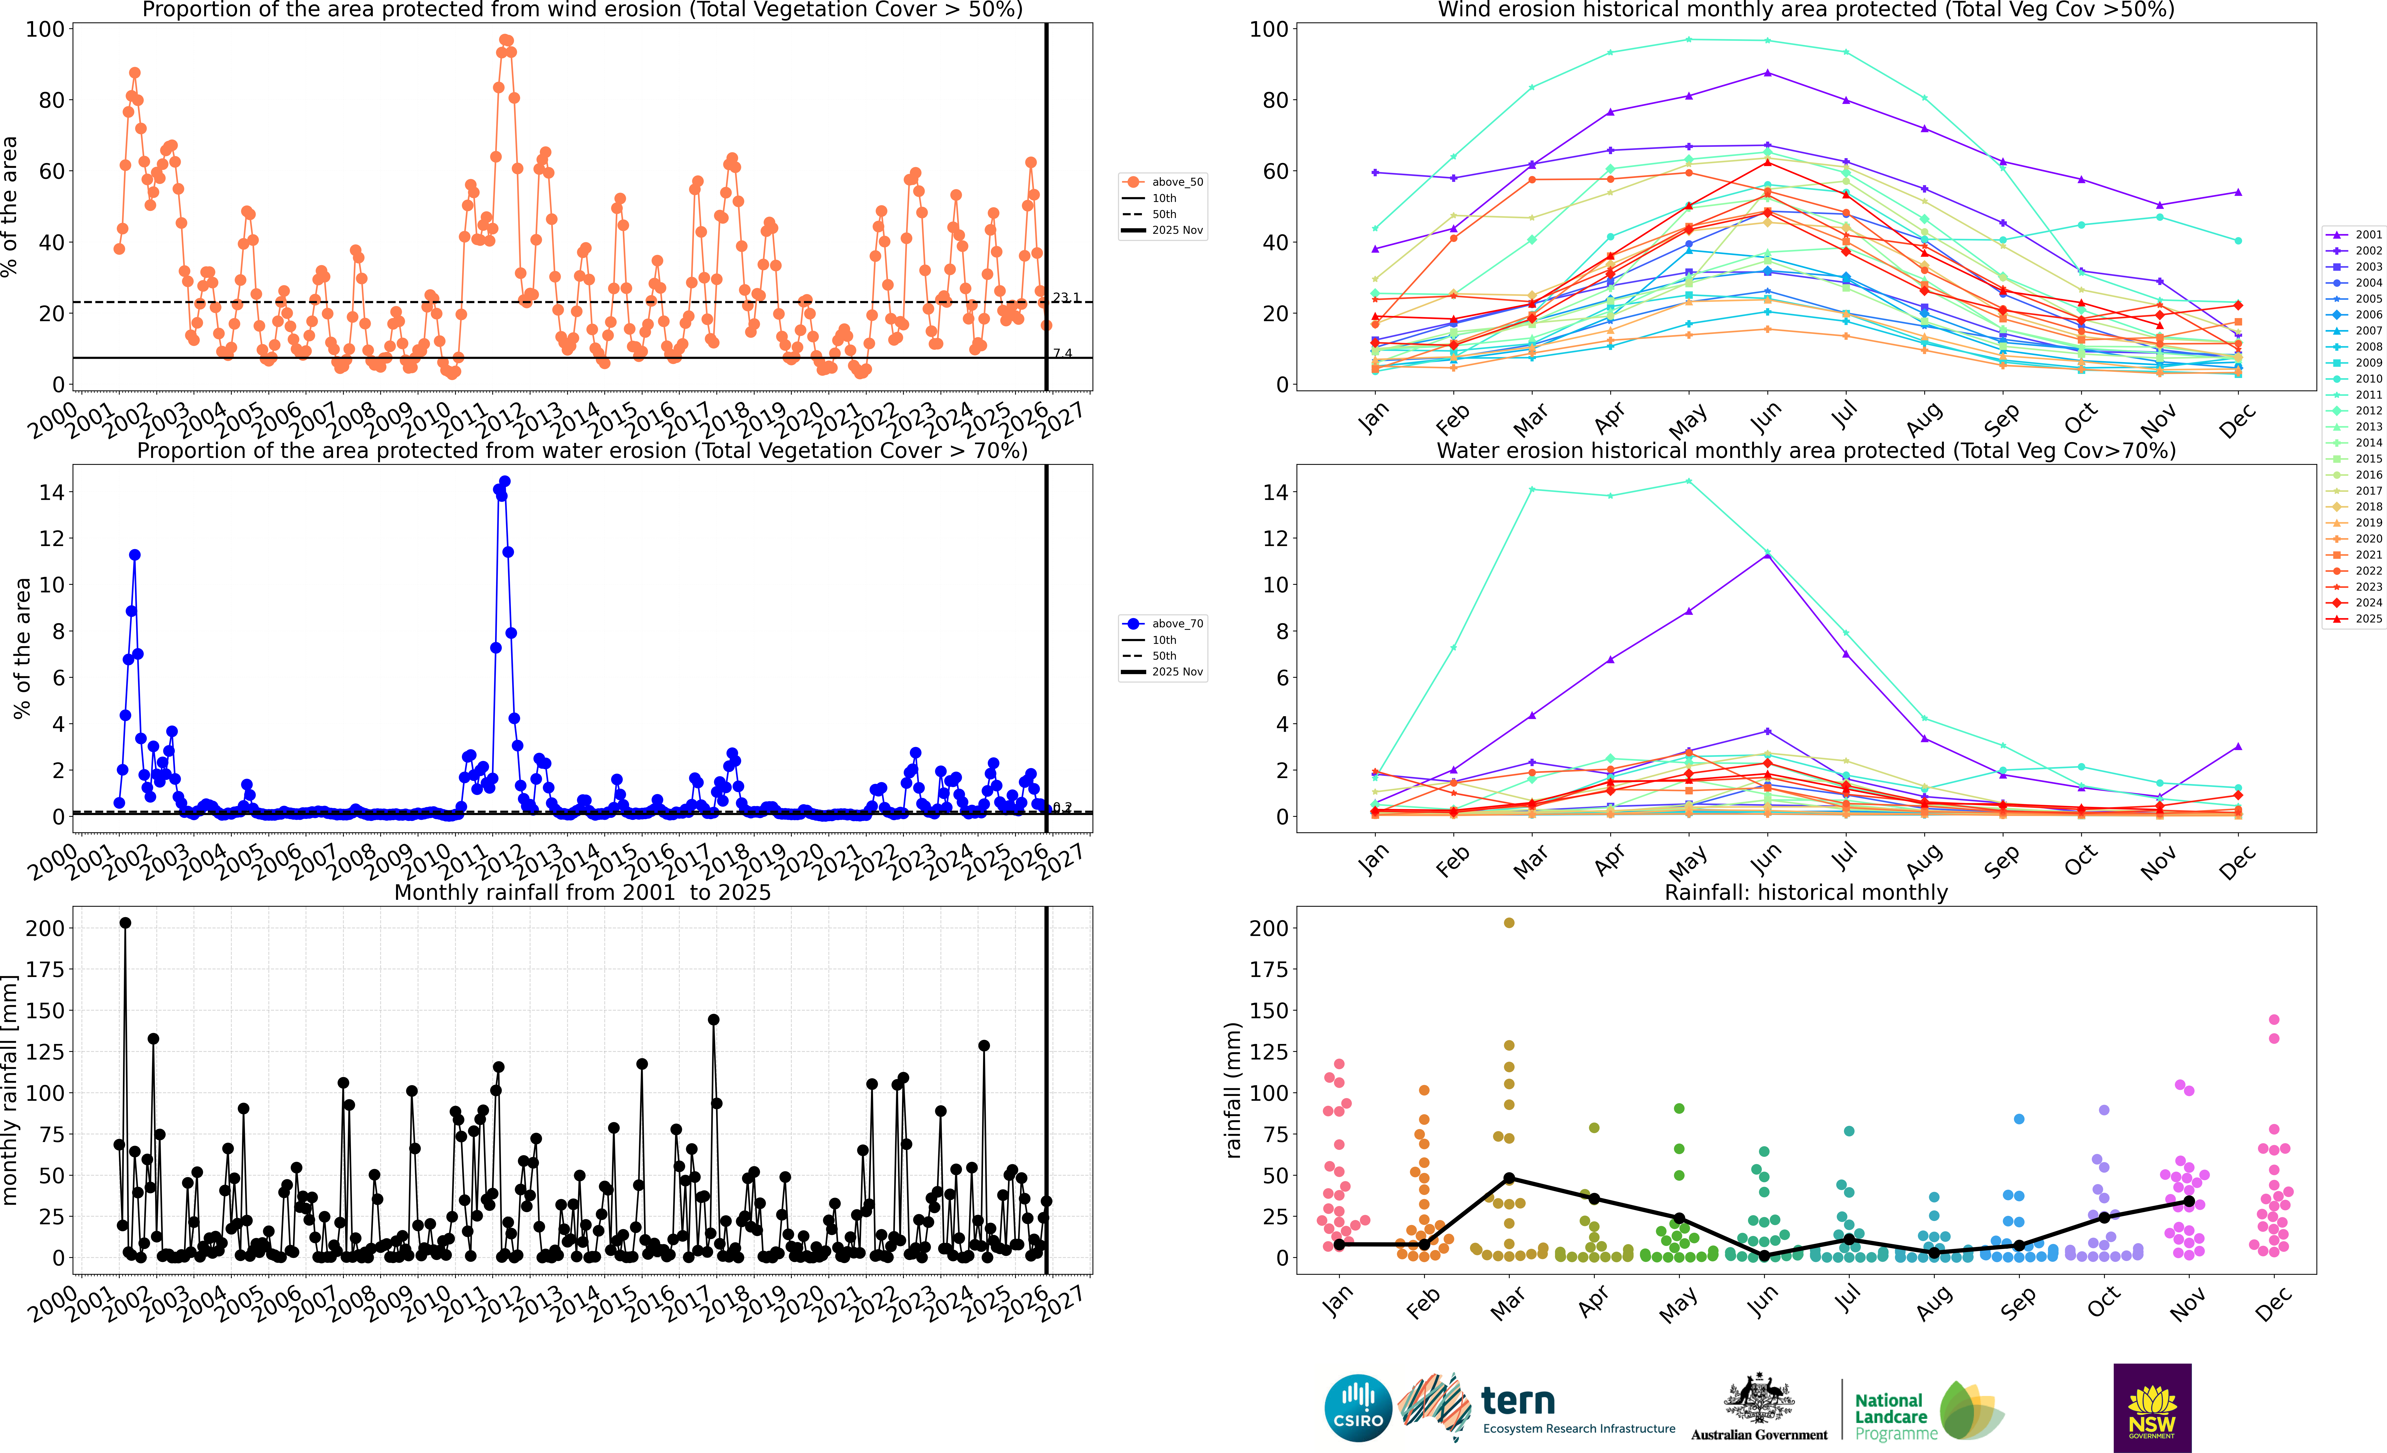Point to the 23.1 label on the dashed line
pyautogui.click(x=1066, y=297)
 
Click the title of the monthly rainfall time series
pyautogui.click(x=582, y=892)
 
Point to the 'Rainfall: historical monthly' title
pyautogui.click(x=1806, y=892)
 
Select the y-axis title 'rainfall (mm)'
pyautogui.click(x=1232, y=1090)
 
